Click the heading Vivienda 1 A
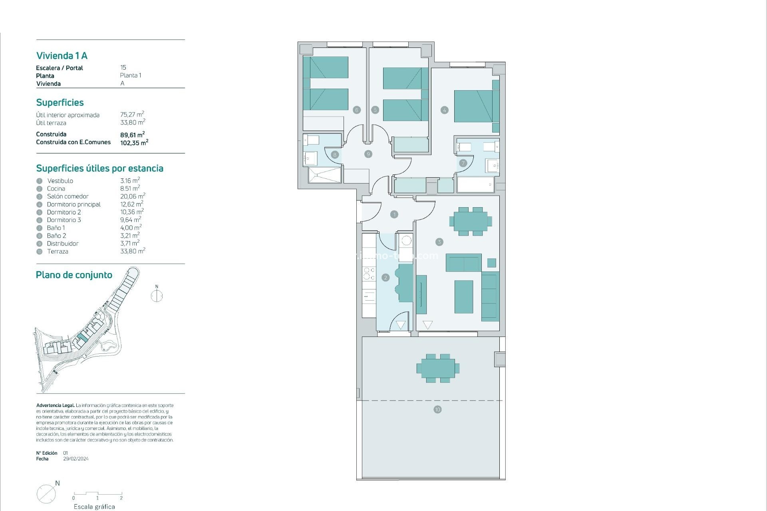tap(62, 55)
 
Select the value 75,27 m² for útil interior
tap(132, 115)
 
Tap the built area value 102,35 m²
tap(134, 143)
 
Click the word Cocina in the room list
tap(56, 188)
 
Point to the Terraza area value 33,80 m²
tap(133, 251)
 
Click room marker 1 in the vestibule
tap(394, 214)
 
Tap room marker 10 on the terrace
tap(437, 409)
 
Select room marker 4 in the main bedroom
tap(444, 110)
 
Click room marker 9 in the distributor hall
tap(368, 154)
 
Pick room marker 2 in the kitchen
tap(385, 277)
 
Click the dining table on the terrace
tap(437, 368)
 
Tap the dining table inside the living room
tap(471, 221)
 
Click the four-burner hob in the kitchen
tap(369, 273)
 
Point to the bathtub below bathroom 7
tap(475, 185)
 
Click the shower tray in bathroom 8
tap(325, 175)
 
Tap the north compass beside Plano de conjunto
tap(157, 295)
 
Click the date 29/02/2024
tap(76, 459)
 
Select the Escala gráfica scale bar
tap(97, 494)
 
